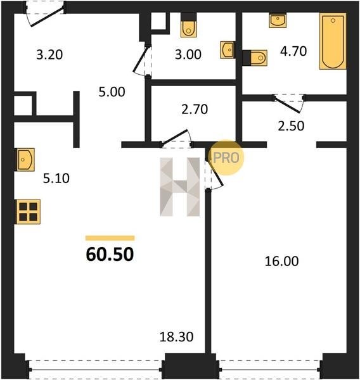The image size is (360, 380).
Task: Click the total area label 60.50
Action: coord(110,254)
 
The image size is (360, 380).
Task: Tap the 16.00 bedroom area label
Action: coord(281,261)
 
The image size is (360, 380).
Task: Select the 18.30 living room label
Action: coord(176,337)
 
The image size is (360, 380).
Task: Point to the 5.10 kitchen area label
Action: coord(56,179)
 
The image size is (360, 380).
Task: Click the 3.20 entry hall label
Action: coord(49,54)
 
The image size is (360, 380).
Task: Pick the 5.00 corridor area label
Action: coord(112,92)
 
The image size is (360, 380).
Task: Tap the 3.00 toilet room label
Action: coord(188,54)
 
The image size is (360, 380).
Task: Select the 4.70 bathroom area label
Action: coord(293,51)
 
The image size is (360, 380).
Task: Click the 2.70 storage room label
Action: coord(195,110)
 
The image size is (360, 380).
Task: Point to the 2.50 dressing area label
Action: coord(291,126)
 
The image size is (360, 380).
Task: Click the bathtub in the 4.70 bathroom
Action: coord(333,41)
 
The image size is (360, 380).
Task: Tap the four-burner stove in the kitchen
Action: coord(28,212)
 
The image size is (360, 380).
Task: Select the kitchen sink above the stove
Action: coord(25,160)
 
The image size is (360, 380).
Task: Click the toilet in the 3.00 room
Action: coord(188,25)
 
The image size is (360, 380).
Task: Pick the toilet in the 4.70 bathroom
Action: coord(255,58)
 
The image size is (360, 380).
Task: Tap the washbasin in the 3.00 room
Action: coord(228,50)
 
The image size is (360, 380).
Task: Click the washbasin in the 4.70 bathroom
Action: coord(278,21)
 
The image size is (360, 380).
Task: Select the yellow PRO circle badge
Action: coord(226,158)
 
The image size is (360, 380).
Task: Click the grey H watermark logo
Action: coord(180,187)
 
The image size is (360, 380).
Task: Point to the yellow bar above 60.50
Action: coord(110,238)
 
